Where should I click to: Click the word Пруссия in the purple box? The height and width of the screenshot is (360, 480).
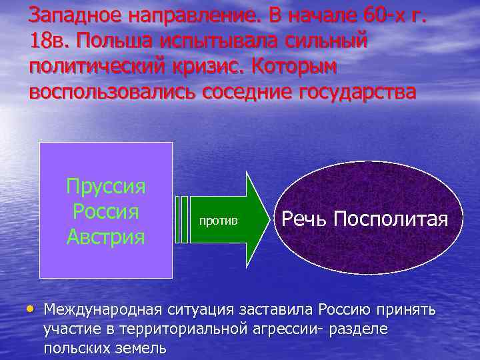pyautogui.click(x=106, y=185)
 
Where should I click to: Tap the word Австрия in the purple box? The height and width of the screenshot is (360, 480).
pyautogui.click(x=106, y=236)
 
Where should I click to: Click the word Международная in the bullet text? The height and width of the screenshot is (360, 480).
pyautogui.click(x=109, y=309)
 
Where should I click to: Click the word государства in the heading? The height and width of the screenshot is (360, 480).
pyautogui.click(x=353, y=91)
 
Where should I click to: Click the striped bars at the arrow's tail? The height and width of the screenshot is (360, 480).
pyautogui.click(x=181, y=219)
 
